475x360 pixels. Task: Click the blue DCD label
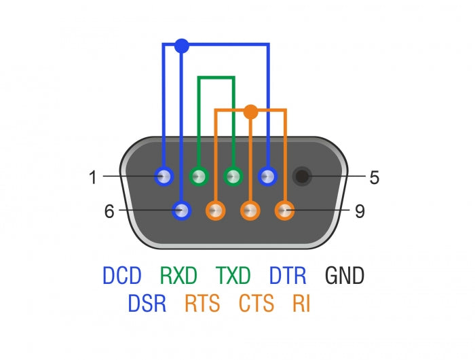point(122,276)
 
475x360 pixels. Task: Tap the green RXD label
point(178,276)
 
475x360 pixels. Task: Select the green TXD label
point(233,276)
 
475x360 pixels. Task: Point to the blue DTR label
point(288,276)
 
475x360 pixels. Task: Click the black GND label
point(345,276)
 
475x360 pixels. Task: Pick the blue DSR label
point(147,303)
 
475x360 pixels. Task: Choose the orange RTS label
point(202,303)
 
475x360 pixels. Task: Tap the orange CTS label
point(256,303)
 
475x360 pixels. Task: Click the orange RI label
point(301,303)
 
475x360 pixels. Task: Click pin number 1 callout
point(93,178)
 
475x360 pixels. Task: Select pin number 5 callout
point(374,178)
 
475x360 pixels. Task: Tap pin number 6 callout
point(109,211)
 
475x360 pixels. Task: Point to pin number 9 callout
point(360,211)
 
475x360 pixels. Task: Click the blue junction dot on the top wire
point(181,46)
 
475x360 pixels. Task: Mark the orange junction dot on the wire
point(250,111)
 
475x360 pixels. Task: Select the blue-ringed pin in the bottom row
point(181,211)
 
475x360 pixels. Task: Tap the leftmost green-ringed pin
point(199,177)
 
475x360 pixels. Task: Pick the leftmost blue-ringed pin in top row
point(164,177)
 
